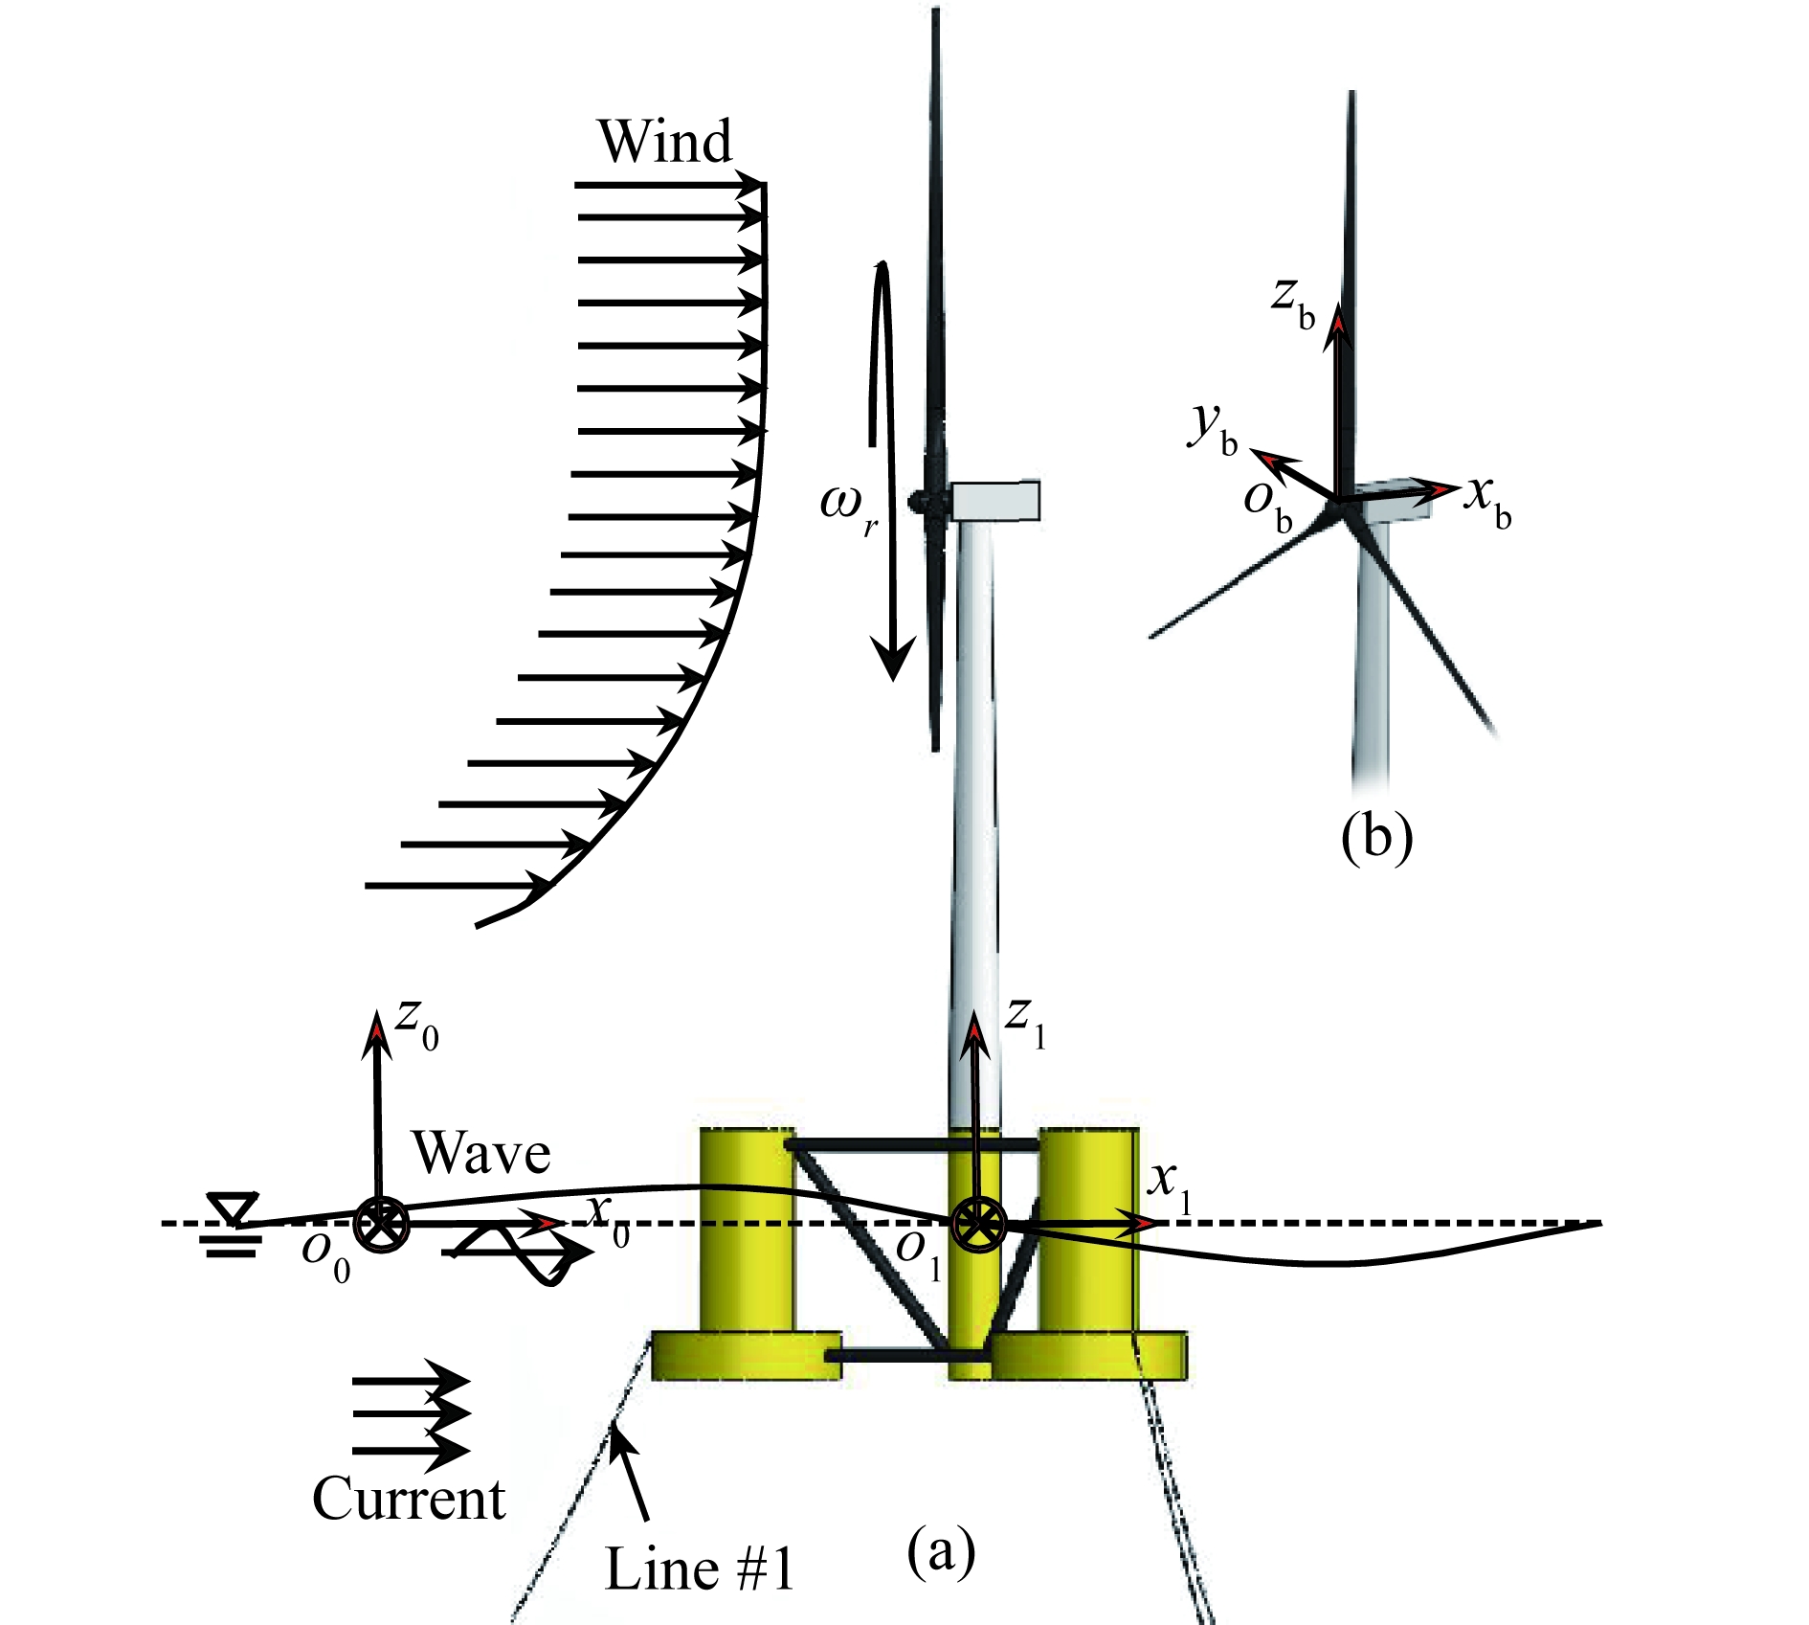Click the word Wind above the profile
click(665, 142)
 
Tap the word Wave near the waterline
click(481, 1153)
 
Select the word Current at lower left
click(409, 1499)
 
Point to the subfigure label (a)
click(941, 1550)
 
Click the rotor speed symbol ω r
click(848, 508)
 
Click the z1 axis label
click(1025, 1023)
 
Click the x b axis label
click(1489, 502)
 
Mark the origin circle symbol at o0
click(381, 1224)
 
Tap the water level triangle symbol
click(234, 1208)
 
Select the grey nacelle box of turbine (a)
click(996, 501)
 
